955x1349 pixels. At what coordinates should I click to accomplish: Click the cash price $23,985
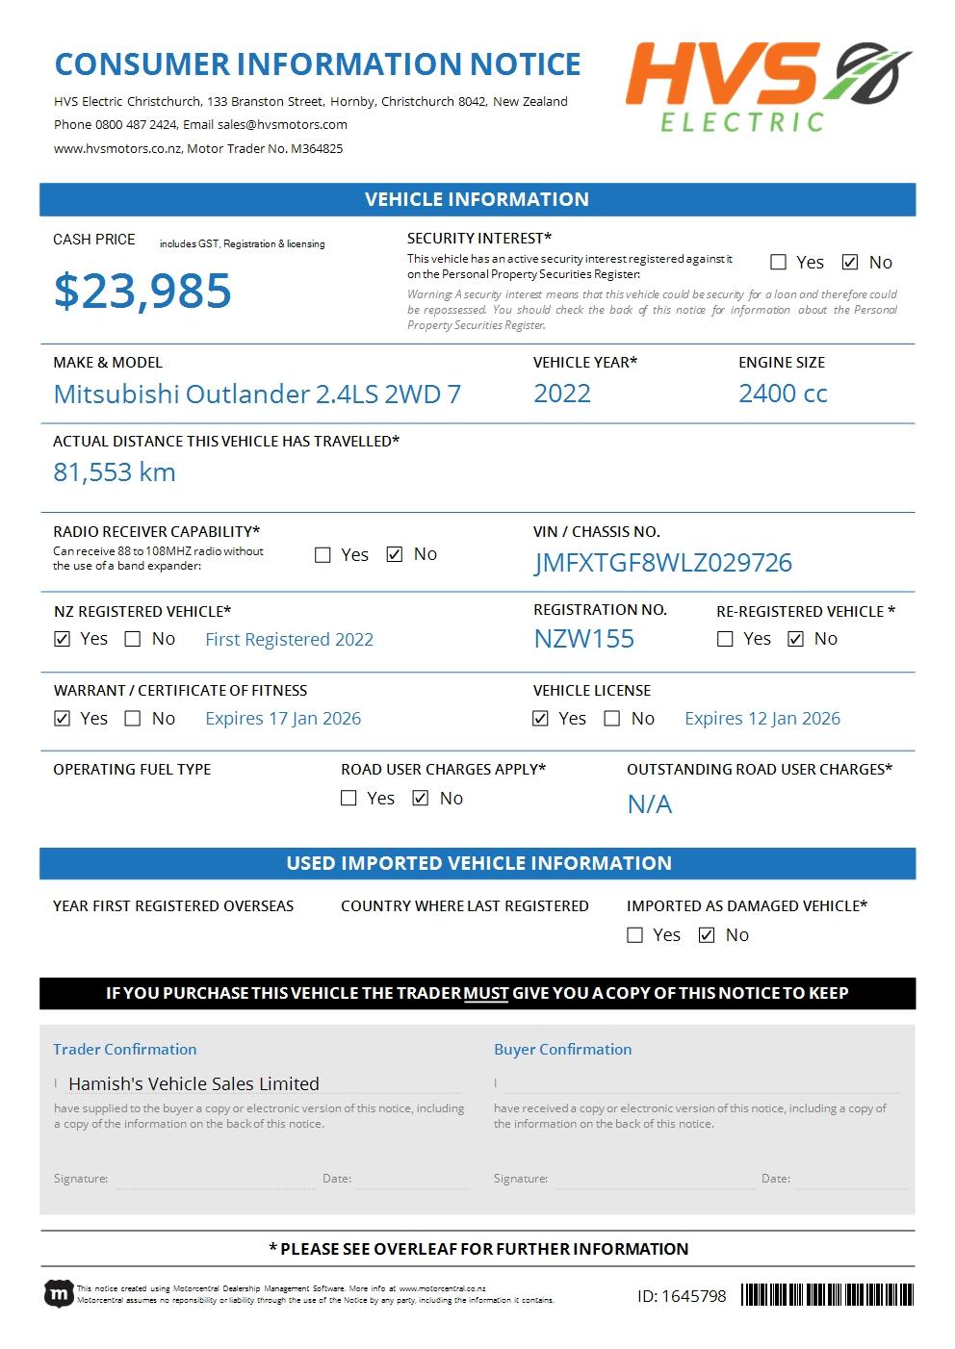[x=142, y=291]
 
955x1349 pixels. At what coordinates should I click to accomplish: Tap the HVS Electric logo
[x=768, y=87]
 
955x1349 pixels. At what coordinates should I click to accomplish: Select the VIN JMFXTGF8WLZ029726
[x=662, y=563]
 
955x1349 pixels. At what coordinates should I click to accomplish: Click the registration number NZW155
[x=583, y=639]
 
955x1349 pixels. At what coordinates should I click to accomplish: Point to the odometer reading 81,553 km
[x=114, y=472]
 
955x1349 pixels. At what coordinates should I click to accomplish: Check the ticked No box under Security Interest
[x=850, y=262]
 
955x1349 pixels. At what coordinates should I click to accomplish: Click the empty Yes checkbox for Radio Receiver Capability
[x=323, y=554]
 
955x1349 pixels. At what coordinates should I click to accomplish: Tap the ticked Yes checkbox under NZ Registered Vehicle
[x=63, y=639]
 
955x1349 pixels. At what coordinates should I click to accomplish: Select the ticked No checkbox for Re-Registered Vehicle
[x=795, y=639]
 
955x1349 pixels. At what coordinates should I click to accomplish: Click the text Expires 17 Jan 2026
[x=283, y=719]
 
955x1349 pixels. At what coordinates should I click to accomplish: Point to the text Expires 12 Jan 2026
[x=761, y=719]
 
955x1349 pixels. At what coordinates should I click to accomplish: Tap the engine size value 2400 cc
[x=783, y=394]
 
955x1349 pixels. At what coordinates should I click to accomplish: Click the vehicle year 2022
[x=562, y=394]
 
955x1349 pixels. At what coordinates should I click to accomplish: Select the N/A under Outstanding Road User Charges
[x=650, y=804]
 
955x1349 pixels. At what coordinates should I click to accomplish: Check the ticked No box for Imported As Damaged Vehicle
[x=707, y=935]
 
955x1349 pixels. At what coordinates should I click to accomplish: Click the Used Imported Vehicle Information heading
[x=478, y=863]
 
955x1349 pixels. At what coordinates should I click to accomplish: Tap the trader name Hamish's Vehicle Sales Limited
[x=194, y=1083]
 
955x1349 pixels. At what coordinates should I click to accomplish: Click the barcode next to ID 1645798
[x=826, y=1295]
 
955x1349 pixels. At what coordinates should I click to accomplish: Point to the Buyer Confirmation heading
[x=562, y=1049]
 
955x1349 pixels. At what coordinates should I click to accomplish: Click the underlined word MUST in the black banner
[x=486, y=993]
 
